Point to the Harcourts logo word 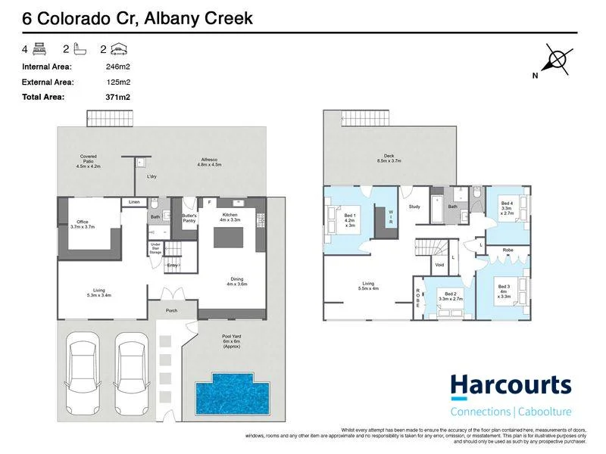511,385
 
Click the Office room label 83,224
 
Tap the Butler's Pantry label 189,218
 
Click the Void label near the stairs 439,266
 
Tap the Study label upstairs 414,206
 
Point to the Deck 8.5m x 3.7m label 388,159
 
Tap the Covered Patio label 89,160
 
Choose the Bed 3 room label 503,289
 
